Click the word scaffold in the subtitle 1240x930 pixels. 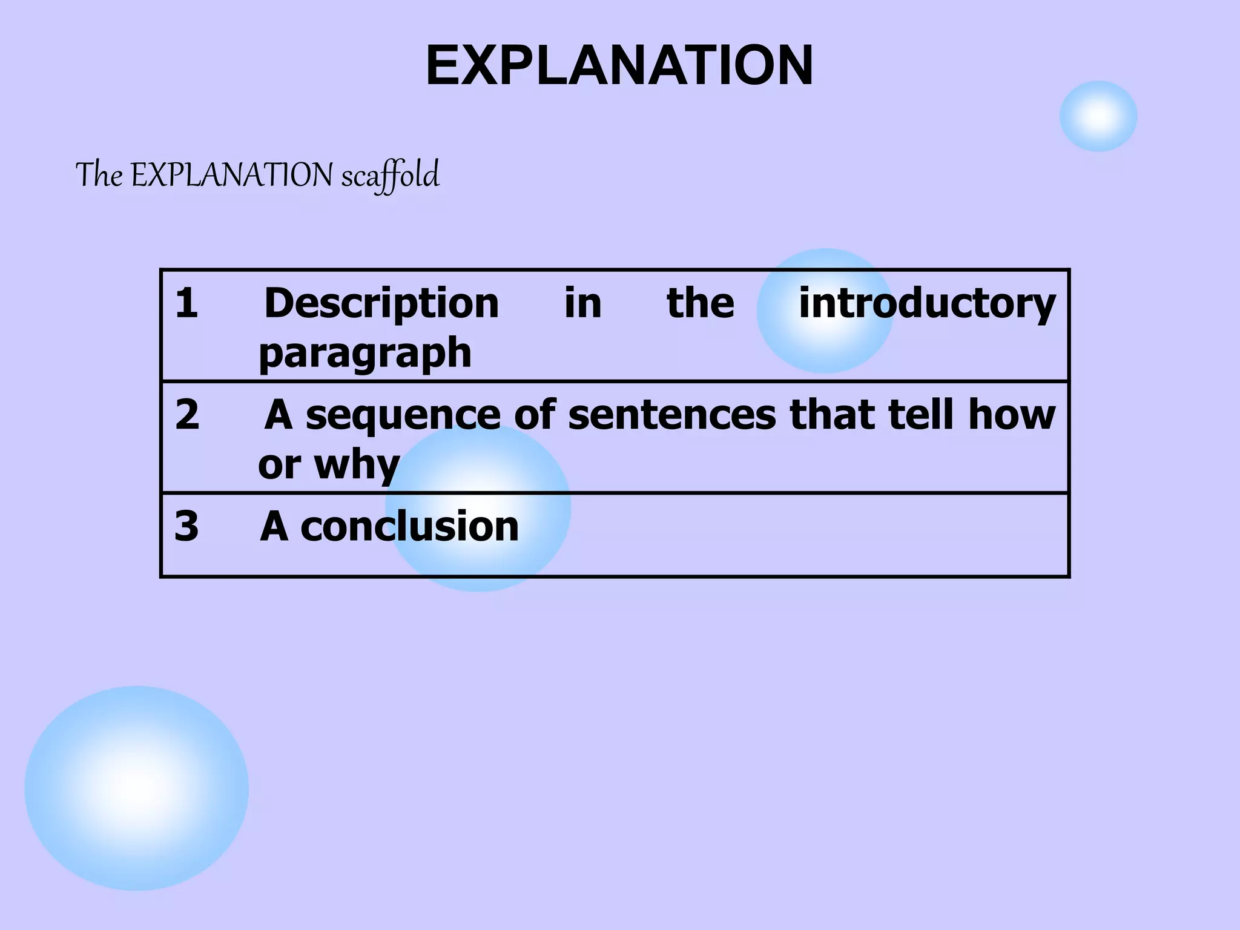point(390,176)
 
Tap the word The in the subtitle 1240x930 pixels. point(99,175)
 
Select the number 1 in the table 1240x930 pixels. point(186,303)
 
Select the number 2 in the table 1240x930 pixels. point(187,415)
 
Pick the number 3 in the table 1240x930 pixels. point(186,526)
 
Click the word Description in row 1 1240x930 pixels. point(381,303)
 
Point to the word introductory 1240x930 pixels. point(927,303)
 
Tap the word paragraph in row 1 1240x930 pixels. point(365,353)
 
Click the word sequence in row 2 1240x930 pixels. point(403,415)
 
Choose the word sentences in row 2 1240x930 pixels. point(672,415)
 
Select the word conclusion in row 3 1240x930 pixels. point(410,526)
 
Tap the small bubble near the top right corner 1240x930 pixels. point(1098,116)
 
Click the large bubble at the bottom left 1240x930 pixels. point(136,788)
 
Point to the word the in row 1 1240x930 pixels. point(701,303)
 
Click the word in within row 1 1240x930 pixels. point(583,303)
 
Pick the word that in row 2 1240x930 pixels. point(832,415)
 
